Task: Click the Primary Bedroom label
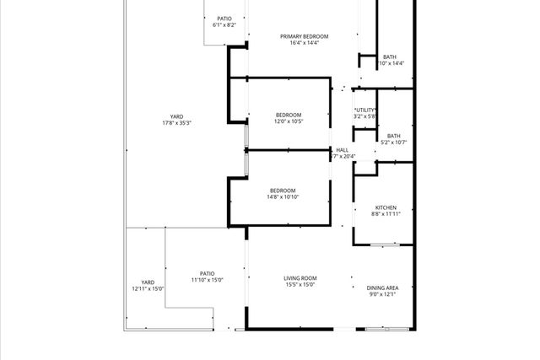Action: tap(293, 36)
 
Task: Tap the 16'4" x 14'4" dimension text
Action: tap(293, 43)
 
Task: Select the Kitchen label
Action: tap(386, 207)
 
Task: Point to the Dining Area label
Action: tap(382, 287)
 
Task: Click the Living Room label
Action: tap(299, 278)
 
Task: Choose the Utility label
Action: tap(365, 110)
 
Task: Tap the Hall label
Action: tap(342, 150)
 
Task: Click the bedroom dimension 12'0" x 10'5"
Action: tap(288, 121)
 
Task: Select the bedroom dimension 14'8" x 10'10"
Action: tap(283, 197)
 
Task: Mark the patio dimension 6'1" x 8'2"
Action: tap(224, 25)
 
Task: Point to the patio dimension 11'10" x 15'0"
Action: tap(207, 280)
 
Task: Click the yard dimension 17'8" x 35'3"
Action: tap(176, 123)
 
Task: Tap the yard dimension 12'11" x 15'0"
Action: tap(148, 289)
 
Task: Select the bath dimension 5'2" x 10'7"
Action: tap(393, 142)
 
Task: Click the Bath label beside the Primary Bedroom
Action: tap(389, 56)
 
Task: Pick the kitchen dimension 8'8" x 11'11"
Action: tap(386, 214)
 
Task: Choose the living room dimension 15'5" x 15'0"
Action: tap(299, 285)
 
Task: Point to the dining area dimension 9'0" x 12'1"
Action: tap(382, 294)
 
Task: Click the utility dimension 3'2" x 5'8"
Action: tap(365, 116)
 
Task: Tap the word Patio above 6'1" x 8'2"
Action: tap(224, 19)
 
